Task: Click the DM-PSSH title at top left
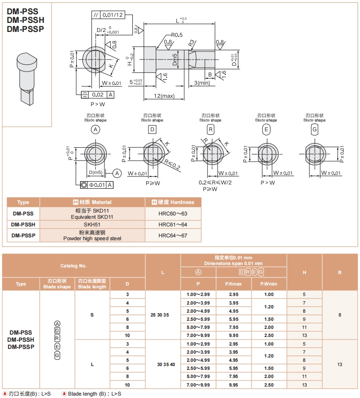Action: (x=26, y=20)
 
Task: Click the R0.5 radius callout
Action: (x=177, y=35)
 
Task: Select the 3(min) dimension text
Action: (x=202, y=83)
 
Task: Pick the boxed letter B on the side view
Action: (x=210, y=74)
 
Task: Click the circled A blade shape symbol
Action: (x=96, y=130)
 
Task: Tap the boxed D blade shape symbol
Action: (x=152, y=130)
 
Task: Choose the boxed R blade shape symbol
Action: (x=210, y=130)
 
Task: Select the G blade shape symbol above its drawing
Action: (x=314, y=130)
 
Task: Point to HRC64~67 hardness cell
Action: (x=173, y=235)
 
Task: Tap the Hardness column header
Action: (x=173, y=202)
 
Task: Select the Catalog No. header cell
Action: (x=73, y=265)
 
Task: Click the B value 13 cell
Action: (x=340, y=364)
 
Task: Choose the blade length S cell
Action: (x=92, y=315)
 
